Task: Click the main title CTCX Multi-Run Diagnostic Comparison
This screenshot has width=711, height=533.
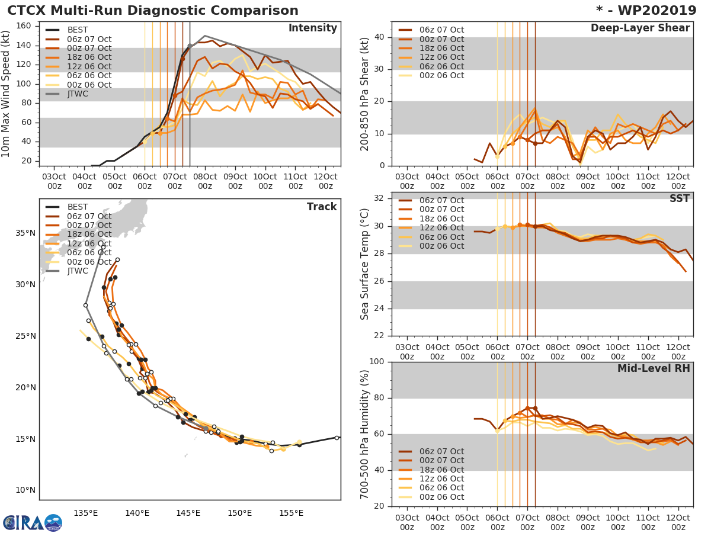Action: [153, 11]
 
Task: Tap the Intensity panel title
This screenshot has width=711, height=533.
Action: [312, 28]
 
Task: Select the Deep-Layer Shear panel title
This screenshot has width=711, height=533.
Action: [640, 28]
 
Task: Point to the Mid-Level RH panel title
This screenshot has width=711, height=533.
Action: [654, 368]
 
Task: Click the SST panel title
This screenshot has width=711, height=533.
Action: [680, 198]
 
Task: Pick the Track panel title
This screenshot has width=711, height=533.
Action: [322, 207]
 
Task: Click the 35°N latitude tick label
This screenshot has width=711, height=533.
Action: [25, 233]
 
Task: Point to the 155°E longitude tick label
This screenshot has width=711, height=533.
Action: [291, 513]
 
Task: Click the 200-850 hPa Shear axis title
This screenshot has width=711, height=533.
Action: [365, 94]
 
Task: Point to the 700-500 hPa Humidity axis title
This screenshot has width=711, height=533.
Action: [365, 434]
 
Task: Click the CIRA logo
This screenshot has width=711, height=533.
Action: [32, 522]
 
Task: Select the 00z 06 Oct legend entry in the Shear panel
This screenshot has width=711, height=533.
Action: [441, 76]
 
